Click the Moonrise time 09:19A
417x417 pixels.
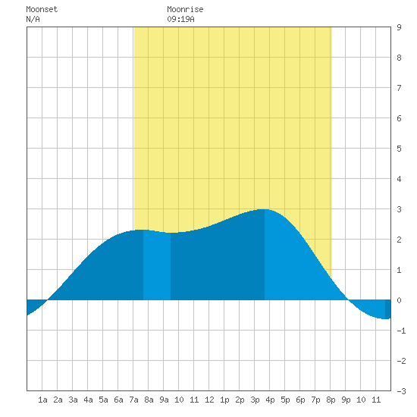(x=180, y=19)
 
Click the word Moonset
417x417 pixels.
(x=42, y=9)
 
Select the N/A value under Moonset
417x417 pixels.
(x=33, y=19)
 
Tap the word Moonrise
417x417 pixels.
(x=185, y=9)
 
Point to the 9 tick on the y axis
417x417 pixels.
(x=399, y=27)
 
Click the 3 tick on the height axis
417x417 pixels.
(x=399, y=209)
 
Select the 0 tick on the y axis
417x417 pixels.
(x=399, y=300)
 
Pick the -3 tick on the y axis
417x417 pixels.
(x=401, y=391)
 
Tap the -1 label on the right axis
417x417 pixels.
(x=401, y=331)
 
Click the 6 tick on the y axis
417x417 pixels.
(x=399, y=118)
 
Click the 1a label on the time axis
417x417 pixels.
(x=42, y=400)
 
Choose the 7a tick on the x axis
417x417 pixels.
(x=133, y=400)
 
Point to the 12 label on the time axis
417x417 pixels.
(x=209, y=400)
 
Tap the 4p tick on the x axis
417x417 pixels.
(x=270, y=400)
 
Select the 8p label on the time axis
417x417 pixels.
(x=331, y=400)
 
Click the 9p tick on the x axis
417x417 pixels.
(x=346, y=400)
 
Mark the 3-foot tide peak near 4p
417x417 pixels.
(x=265, y=209)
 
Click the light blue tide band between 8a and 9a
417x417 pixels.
(x=157, y=266)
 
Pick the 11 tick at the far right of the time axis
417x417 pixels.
(x=376, y=400)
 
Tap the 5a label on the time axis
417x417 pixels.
(x=103, y=400)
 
